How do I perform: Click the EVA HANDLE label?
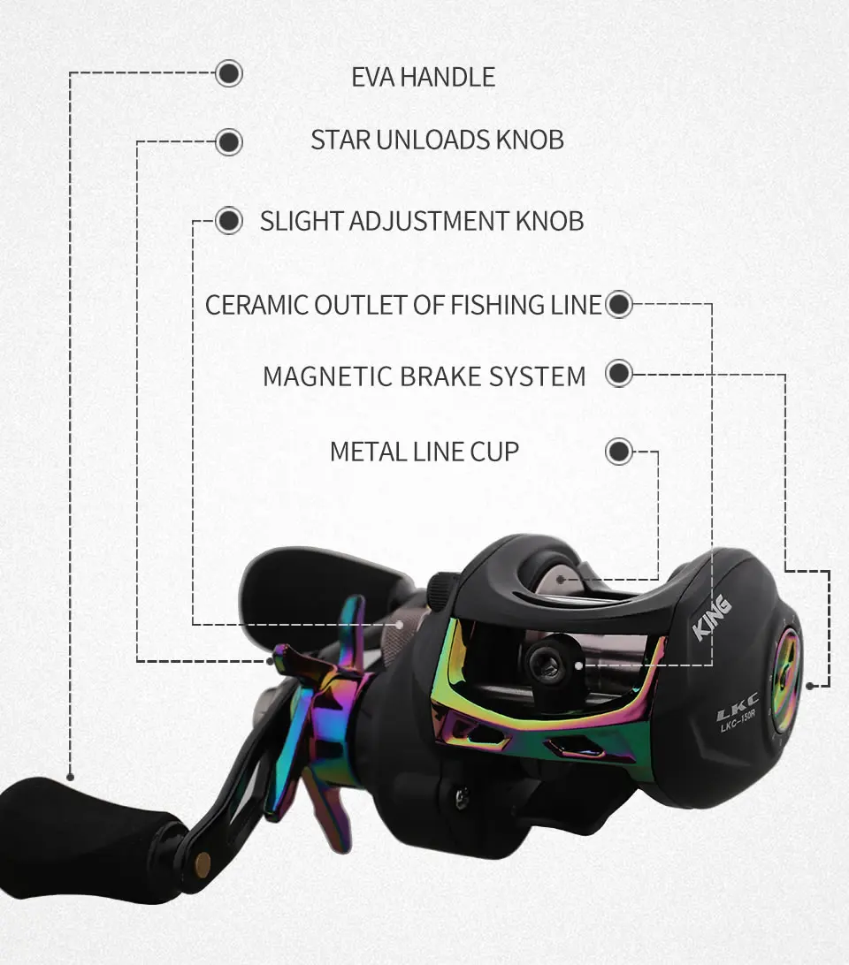pos(423,77)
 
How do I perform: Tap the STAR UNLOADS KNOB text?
pos(437,140)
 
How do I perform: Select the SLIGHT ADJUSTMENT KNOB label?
pos(421,220)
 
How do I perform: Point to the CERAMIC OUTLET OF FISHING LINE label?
pos(403,305)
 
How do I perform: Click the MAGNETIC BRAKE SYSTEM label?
pos(424,376)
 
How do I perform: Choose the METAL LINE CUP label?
pos(424,452)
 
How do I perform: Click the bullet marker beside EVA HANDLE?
pos(229,73)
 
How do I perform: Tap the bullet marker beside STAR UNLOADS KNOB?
pos(229,141)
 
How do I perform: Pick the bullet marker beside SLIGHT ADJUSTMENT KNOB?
pos(229,220)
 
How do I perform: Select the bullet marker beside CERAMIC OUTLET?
pos(619,305)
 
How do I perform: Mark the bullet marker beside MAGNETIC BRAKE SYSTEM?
pos(619,374)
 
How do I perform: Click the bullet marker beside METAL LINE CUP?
pos(619,452)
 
